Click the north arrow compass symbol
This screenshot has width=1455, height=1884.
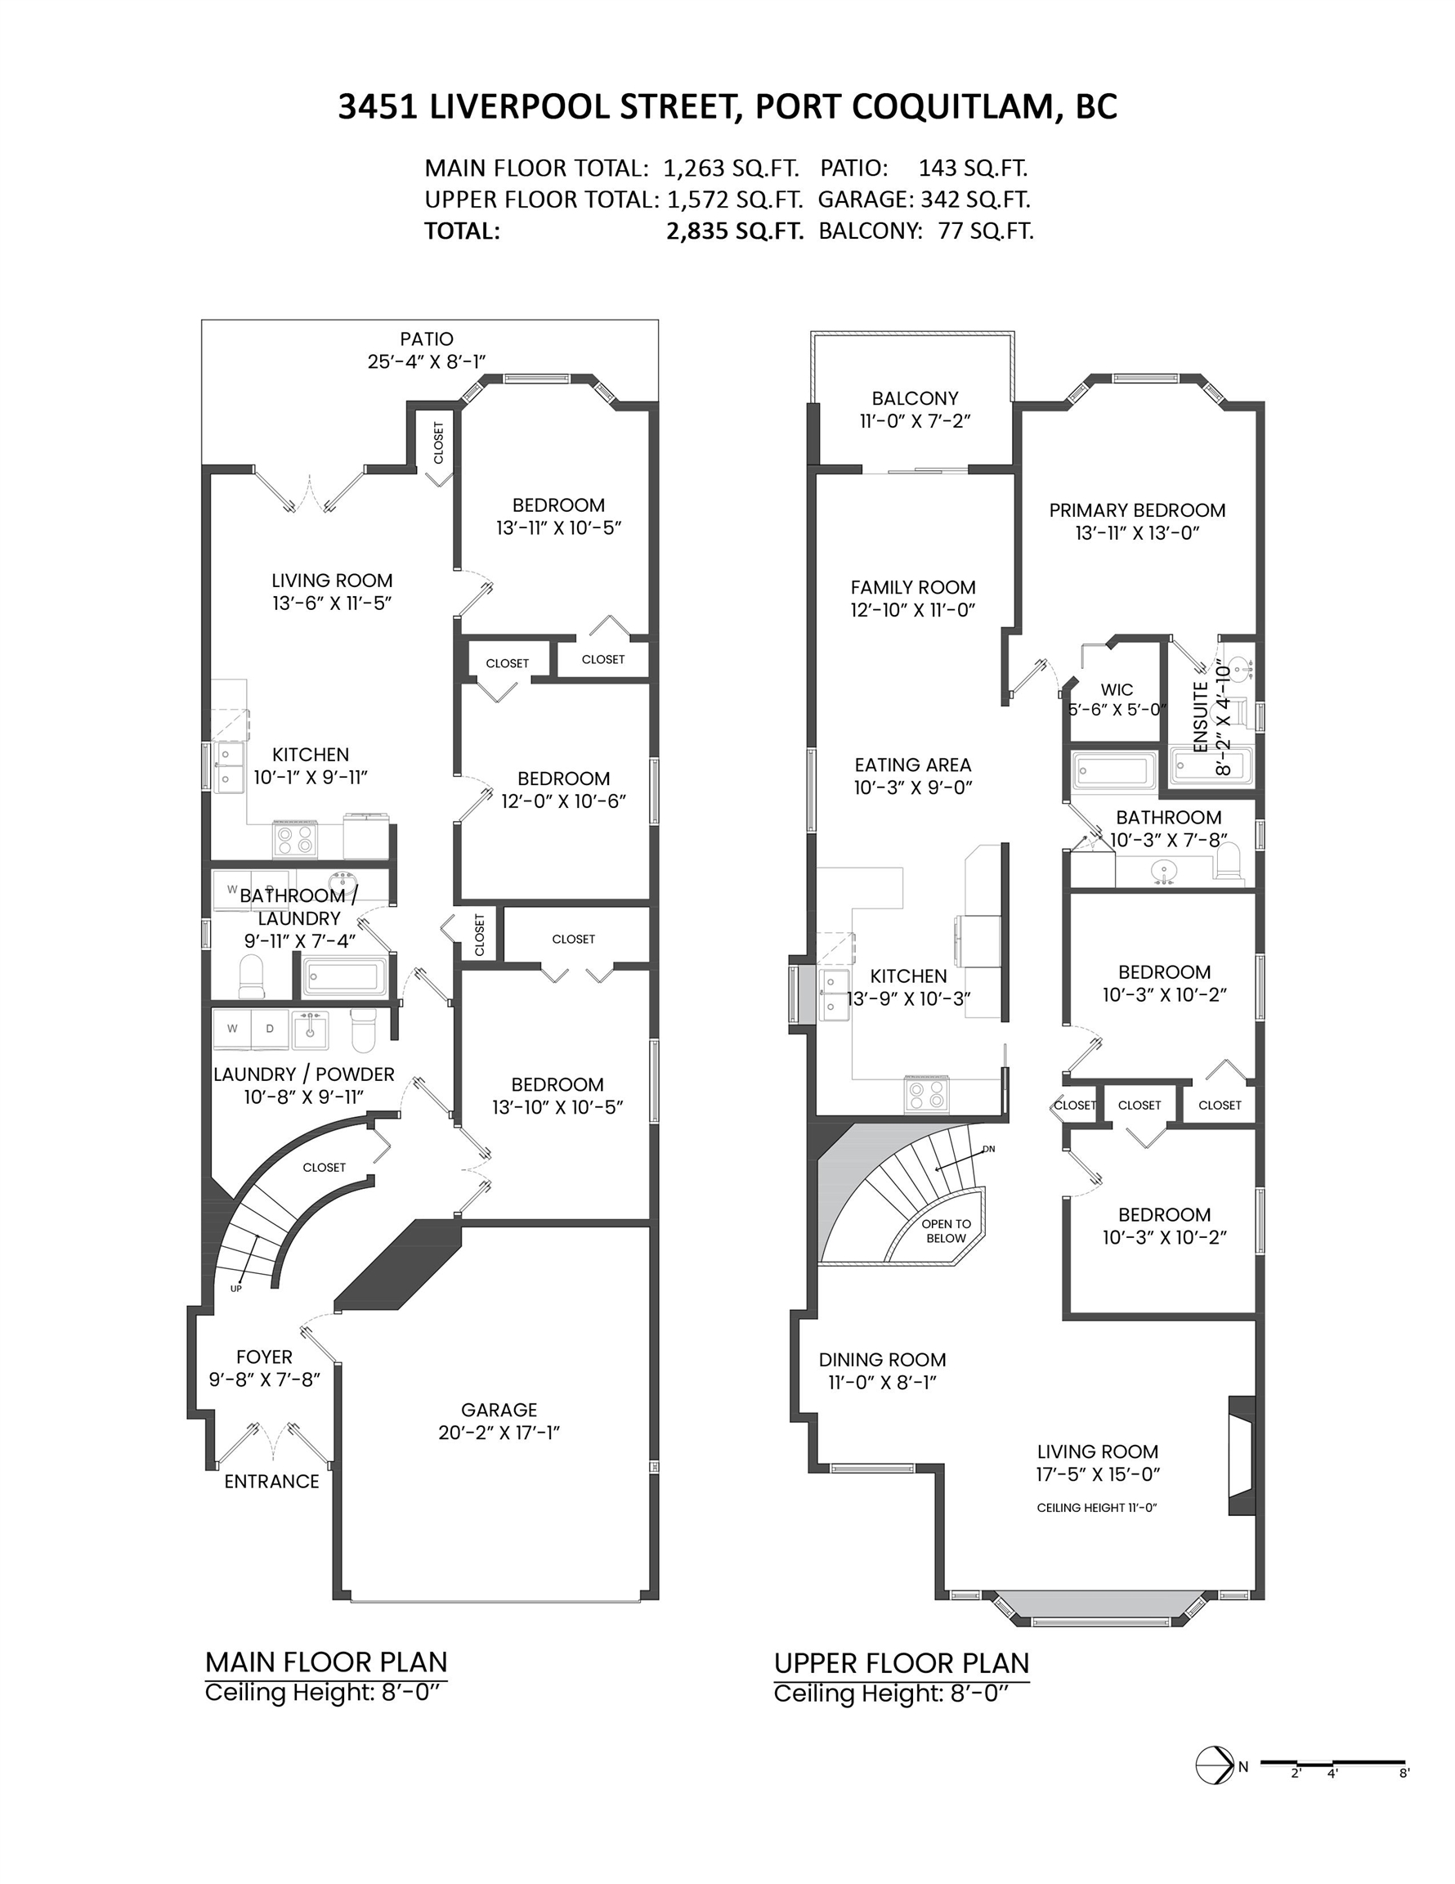click(1215, 1765)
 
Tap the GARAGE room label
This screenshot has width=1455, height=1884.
click(499, 1411)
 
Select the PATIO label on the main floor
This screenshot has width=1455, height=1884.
click(426, 339)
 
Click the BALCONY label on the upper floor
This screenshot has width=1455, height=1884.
click(914, 398)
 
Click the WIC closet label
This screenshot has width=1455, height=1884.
click(1116, 690)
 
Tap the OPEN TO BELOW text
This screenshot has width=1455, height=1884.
click(946, 1231)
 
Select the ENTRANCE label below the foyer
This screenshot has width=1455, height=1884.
click(271, 1482)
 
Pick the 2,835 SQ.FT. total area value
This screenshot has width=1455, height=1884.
click(735, 231)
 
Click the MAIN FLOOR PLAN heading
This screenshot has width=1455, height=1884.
click(326, 1662)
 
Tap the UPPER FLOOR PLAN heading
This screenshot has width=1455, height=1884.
click(902, 1663)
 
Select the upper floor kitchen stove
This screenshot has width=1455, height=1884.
click(926, 1093)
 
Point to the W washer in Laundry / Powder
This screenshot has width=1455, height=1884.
click(232, 1028)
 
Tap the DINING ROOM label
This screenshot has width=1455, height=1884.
click(882, 1361)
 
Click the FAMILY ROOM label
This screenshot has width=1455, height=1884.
click(913, 587)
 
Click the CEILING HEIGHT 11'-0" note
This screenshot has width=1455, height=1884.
click(1096, 1508)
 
